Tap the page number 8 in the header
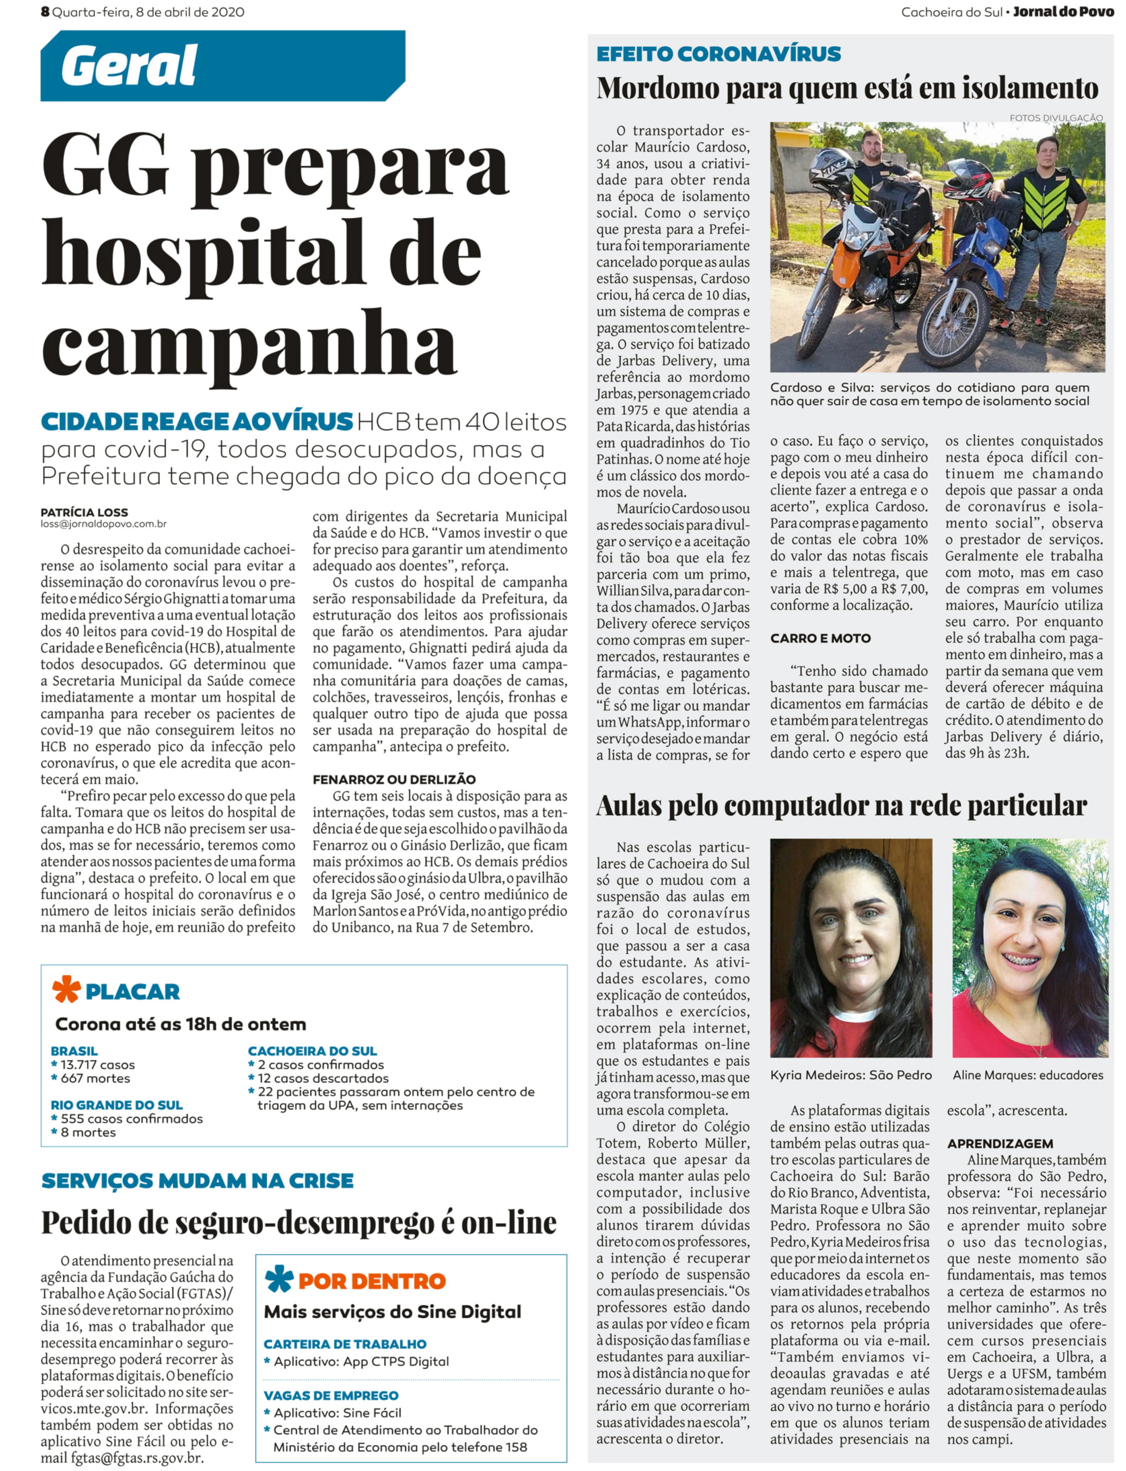(45, 11)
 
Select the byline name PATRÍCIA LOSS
(84, 512)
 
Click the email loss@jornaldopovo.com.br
(103, 524)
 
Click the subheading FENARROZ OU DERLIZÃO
(394, 779)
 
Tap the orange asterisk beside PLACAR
(66, 990)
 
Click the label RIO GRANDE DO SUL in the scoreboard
(117, 1105)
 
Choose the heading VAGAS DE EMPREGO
(331, 1395)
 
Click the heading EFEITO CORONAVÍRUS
(718, 53)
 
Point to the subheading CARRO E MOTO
(820, 638)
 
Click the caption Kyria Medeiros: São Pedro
(851, 1075)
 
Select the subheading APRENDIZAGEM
(1000, 1143)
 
